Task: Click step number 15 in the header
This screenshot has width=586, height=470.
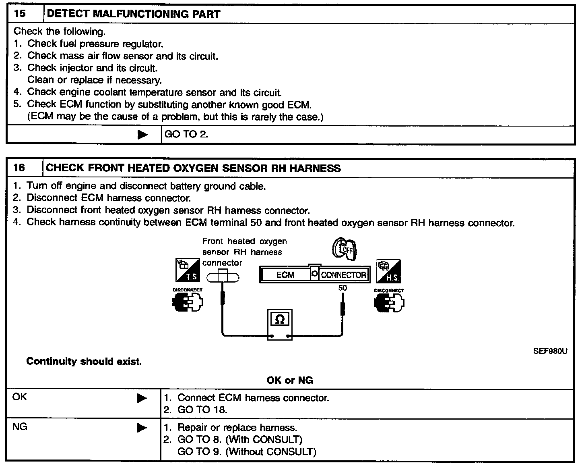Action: (20, 14)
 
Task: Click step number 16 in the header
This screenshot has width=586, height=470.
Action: (19, 168)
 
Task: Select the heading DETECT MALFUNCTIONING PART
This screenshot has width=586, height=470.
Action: (134, 14)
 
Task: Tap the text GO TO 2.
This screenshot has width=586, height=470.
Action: (186, 134)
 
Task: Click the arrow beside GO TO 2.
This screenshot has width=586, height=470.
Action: (142, 135)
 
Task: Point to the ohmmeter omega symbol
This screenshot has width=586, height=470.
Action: (280, 320)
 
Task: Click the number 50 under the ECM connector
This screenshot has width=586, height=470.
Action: (343, 288)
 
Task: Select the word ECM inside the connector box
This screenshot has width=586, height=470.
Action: (285, 275)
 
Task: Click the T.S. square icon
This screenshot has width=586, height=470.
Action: (188, 270)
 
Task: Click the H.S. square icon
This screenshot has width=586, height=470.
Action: (388, 271)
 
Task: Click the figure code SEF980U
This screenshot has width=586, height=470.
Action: (550, 351)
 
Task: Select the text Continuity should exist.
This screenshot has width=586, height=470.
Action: (84, 361)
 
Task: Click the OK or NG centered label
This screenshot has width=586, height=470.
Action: (289, 380)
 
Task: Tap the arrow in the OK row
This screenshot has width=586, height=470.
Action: (142, 398)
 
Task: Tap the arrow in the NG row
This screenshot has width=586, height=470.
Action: (142, 428)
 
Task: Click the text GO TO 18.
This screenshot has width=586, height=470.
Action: (202, 410)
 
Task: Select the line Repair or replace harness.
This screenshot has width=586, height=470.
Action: (237, 427)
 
